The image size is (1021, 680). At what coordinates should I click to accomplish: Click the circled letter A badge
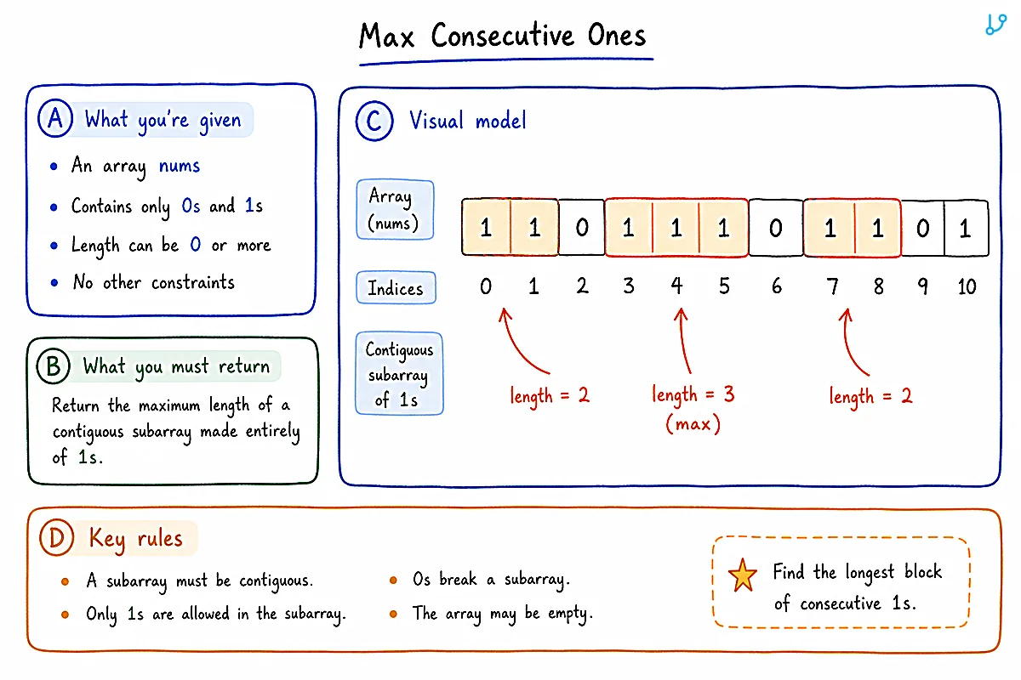coord(55,118)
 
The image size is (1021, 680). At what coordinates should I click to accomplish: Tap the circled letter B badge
coord(54,365)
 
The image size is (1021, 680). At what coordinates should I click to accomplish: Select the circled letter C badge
coord(374,121)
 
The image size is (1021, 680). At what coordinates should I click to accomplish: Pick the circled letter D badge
coord(56,538)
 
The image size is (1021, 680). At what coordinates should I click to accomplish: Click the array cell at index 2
coord(582,227)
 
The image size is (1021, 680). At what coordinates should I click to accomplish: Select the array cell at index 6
coord(776,227)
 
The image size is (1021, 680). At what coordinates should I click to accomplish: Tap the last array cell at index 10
coord(966,228)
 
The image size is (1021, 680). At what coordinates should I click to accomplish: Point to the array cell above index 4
coord(676,227)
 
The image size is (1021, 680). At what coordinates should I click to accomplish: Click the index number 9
coord(922,286)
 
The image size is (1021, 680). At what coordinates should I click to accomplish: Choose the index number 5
coord(724,286)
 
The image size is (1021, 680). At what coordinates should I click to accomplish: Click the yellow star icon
coord(743,575)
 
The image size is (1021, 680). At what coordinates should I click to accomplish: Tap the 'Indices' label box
coord(396,287)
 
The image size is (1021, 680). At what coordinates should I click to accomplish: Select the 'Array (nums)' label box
coord(395,209)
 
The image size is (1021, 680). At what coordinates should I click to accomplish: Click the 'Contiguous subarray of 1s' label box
coord(399,373)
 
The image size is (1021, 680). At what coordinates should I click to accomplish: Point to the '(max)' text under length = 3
coord(693,424)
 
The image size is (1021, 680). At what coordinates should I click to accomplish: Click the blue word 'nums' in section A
coord(180,166)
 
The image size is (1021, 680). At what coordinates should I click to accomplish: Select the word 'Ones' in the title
coord(617,35)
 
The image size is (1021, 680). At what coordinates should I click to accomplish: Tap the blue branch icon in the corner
coord(995,25)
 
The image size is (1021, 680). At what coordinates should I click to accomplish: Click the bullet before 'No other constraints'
coord(54,283)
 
